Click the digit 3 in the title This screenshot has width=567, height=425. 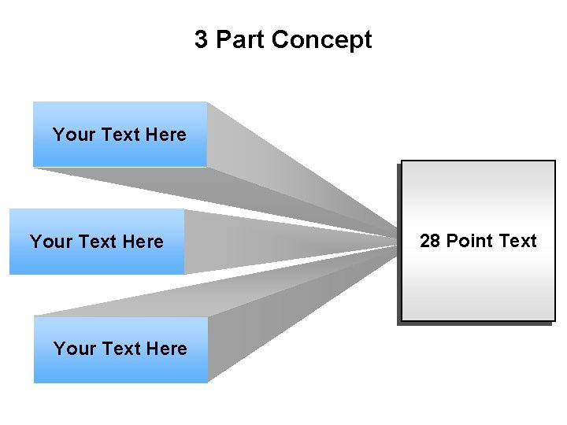coord(202,39)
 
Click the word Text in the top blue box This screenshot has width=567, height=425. coord(120,135)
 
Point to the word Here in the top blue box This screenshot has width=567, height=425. coord(165,135)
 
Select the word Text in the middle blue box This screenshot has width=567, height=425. coord(98,242)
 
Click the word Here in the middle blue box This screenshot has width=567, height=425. coord(143,242)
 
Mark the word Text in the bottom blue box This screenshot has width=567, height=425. coord(121,349)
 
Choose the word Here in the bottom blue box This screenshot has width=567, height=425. coord(166,349)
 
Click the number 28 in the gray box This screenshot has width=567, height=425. coord(430,241)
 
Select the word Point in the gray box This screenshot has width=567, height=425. coord(469,241)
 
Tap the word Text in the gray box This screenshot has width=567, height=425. coord(517,241)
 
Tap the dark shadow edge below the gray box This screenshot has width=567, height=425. coord(476,323)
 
